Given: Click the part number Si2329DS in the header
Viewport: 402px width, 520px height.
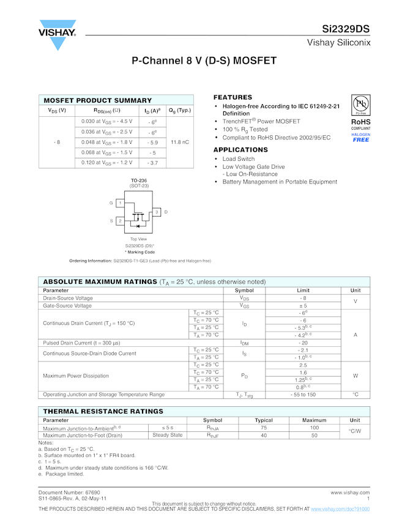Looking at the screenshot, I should coord(346,29).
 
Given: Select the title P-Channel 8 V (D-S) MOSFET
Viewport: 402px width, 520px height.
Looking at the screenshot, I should coord(204,61).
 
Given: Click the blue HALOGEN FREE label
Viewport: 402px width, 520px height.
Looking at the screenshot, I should coord(360,138).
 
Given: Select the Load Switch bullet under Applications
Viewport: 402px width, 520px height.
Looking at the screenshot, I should coord(239,159).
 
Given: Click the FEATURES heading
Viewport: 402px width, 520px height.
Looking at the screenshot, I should coord(233,97).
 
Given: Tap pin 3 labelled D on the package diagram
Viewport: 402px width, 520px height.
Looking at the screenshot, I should coord(157,212).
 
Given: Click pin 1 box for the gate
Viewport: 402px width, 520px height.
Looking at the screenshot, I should coord(120,202).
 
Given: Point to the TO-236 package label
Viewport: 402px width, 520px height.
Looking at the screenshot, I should coord(138,180).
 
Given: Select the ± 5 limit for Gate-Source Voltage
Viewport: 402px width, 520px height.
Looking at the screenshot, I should coord(303,305).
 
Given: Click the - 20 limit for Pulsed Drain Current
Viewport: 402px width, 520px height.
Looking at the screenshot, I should coord(303,343).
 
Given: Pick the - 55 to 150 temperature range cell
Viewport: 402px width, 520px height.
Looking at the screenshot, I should coord(303,395).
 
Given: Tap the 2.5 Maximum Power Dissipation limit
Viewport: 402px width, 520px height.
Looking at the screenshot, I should coord(303,365).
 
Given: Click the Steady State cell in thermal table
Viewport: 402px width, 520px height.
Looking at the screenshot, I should coord(168,435).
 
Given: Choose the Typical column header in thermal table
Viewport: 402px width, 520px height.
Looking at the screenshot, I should coord(264,420).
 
